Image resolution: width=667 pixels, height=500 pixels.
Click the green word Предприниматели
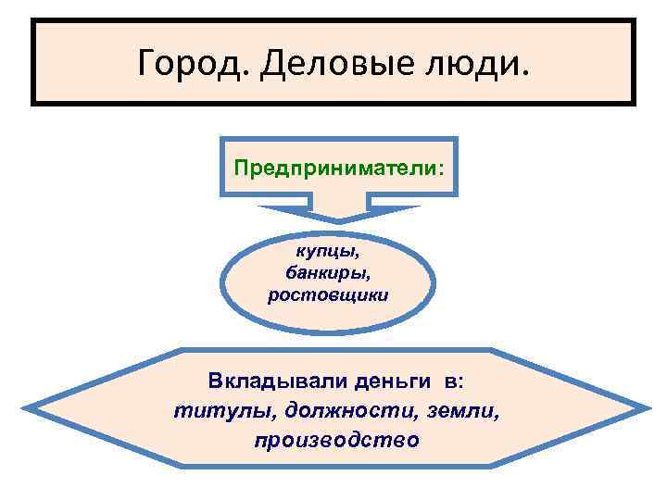(336, 169)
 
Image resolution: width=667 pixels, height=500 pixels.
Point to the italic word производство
(335, 440)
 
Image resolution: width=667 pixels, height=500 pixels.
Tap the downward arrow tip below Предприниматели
(338, 220)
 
